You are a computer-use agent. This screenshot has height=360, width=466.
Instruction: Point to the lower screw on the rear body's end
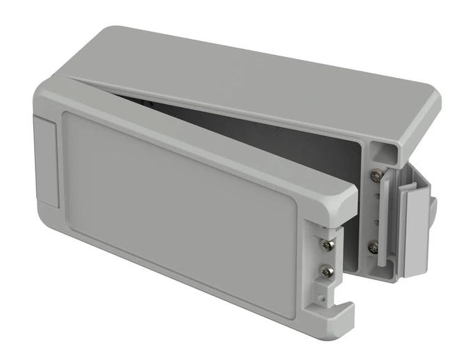point(374,246)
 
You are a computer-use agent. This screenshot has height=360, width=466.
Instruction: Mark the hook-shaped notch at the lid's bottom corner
point(332,321)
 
